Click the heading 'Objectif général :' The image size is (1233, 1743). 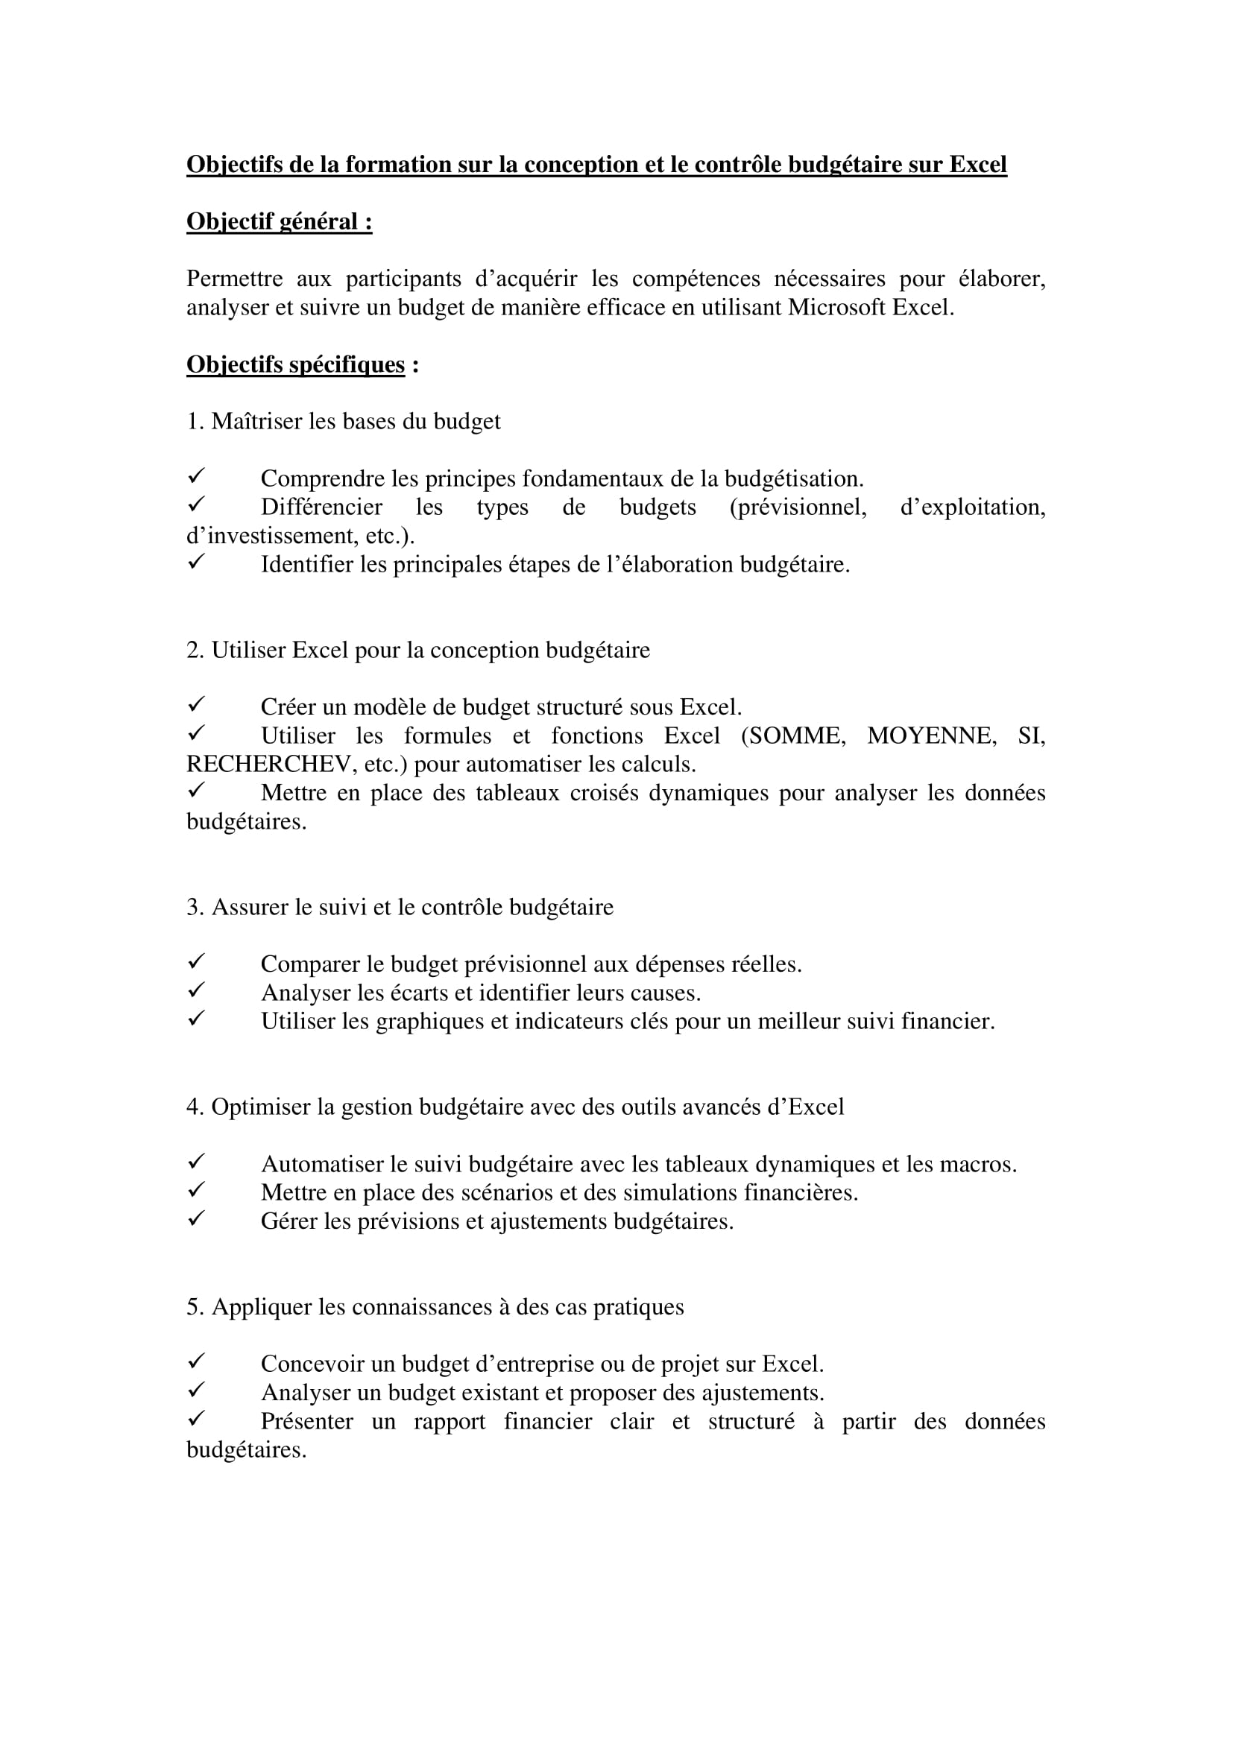[x=279, y=221]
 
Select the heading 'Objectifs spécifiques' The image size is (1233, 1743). [x=295, y=364]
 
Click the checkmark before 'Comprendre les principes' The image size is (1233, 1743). [x=196, y=477]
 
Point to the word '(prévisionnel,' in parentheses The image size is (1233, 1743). [x=797, y=507]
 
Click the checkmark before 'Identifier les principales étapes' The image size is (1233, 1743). [x=196, y=563]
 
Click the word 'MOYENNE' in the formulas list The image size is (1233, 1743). [x=932, y=736]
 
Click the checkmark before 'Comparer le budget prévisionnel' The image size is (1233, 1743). [x=196, y=962]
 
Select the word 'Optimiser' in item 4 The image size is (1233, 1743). [x=261, y=1107]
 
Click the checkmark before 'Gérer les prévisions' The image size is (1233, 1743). [x=196, y=1219]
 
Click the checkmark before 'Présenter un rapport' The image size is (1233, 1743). [x=196, y=1419]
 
